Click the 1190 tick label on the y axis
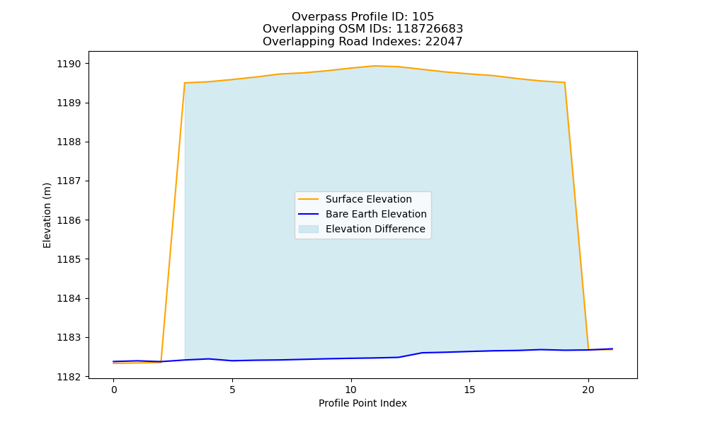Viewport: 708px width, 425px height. [x=69, y=64]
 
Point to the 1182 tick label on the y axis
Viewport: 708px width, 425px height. [x=69, y=377]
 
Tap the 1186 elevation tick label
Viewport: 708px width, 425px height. [x=69, y=220]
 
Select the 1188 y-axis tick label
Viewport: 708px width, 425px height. [x=69, y=142]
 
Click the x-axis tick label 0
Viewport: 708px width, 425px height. [x=114, y=390]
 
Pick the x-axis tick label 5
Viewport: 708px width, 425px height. [x=232, y=390]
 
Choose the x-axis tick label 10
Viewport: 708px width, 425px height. [x=351, y=390]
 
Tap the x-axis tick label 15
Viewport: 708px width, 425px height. [x=469, y=390]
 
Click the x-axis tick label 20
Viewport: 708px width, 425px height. [x=588, y=390]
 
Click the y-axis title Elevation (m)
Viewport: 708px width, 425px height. [x=47, y=215]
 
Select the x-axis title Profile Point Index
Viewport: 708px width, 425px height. [x=362, y=403]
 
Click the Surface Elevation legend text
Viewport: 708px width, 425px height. [x=368, y=199]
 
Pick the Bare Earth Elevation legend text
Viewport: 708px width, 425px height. [x=376, y=214]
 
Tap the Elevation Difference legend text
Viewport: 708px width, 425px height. [x=375, y=229]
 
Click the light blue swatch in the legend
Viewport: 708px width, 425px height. [x=309, y=229]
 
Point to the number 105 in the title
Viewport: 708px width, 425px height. [x=423, y=17]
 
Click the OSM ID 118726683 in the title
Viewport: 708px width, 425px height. [x=430, y=29]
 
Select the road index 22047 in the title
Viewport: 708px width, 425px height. [x=444, y=42]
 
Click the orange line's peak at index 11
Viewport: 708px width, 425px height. [x=375, y=66]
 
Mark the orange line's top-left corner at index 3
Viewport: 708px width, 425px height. [x=185, y=83]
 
